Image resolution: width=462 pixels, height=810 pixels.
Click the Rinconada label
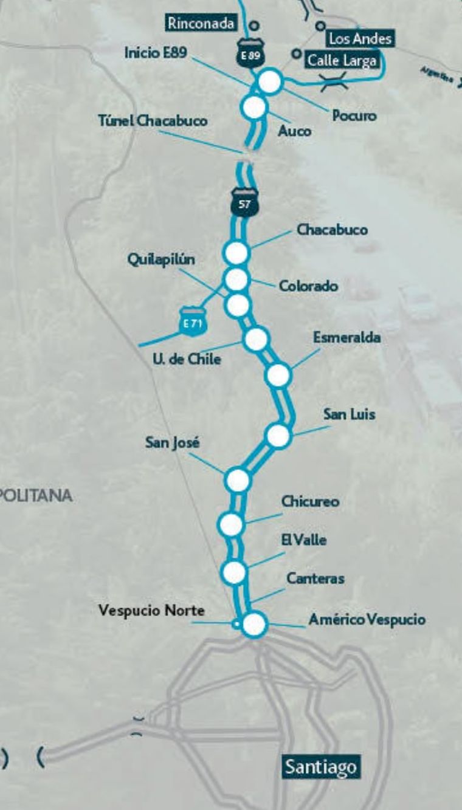[x=201, y=24]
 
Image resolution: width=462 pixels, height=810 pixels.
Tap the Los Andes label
[x=360, y=39]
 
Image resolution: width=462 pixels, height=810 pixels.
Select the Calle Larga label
[x=342, y=60]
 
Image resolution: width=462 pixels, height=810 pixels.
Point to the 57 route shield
[x=244, y=204]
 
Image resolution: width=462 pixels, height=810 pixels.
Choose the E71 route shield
[x=193, y=323]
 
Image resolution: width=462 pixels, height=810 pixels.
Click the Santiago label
[x=320, y=767]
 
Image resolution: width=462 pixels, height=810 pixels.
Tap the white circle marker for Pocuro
[x=270, y=81]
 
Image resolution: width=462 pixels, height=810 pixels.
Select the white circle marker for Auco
[x=254, y=107]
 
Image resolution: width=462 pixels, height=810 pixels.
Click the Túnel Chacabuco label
[x=153, y=120]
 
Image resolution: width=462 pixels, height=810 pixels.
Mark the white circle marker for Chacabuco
[x=236, y=252]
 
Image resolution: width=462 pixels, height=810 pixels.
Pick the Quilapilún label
[x=161, y=259]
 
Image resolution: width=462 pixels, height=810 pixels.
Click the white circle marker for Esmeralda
[x=278, y=376]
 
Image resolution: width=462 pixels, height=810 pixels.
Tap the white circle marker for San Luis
[x=277, y=435]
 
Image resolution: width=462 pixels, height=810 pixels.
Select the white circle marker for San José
[x=238, y=479]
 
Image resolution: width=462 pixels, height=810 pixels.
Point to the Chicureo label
[x=310, y=502]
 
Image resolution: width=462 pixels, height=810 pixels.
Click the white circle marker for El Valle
[x=234, y=572]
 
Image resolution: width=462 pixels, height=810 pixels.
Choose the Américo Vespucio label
[x=367, y=620]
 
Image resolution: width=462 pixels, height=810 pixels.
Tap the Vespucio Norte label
[x=151, y=610]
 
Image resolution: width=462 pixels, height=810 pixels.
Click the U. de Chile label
[x=187, y=359]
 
